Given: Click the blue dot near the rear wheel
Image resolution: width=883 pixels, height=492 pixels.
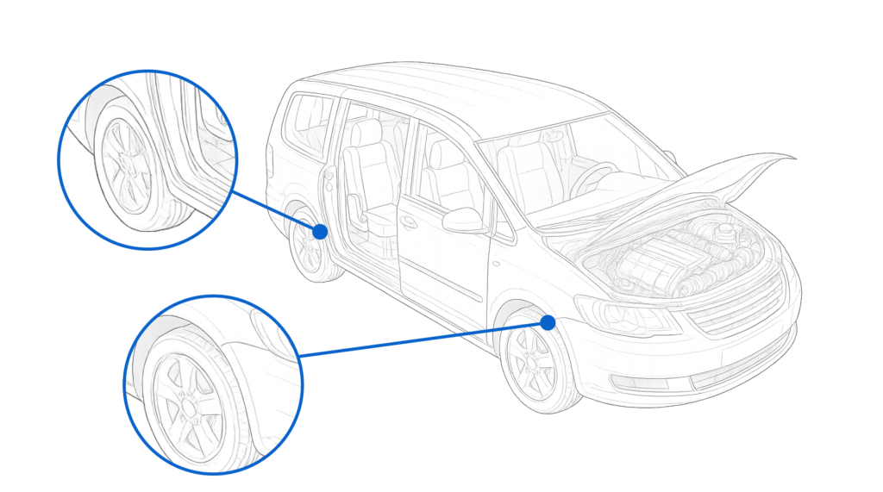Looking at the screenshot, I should (x=320, y=231).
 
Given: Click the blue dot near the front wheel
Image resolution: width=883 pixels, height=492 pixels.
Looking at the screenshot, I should (x=548, y=322).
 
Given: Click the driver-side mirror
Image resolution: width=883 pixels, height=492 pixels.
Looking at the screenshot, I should (x=463, y=221).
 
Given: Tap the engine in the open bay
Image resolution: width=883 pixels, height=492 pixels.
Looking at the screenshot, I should (x=664, y=258).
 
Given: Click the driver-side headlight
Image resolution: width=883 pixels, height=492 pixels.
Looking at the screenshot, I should (x=625, y=315).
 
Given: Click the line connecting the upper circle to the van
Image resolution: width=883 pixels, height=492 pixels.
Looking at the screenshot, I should (x=276, y=210).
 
